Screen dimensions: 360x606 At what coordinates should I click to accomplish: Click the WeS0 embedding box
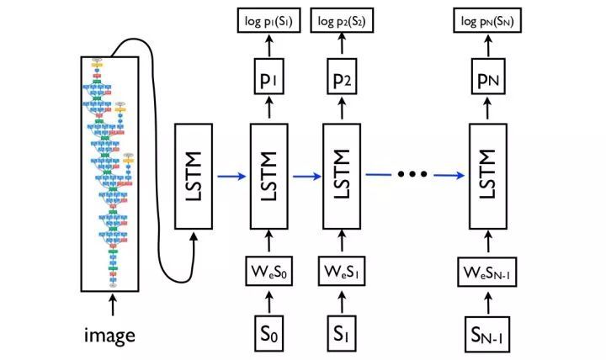[269, 273]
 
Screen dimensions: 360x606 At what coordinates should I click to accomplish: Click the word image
[109, 336]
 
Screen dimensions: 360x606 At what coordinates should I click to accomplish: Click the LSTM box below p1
[269, 175]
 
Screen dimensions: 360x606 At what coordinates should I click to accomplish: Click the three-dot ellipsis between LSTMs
[413, 174]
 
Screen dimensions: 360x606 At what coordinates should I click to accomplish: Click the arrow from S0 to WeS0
[269, 300]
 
